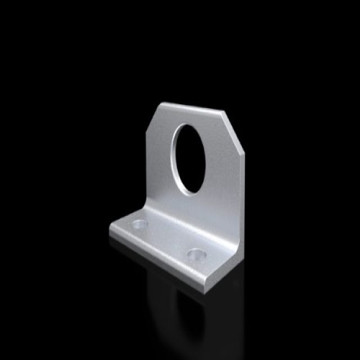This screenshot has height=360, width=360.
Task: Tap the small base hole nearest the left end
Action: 140,225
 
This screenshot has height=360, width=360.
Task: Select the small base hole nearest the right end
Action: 195,254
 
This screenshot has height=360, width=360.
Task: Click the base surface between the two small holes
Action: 167,240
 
